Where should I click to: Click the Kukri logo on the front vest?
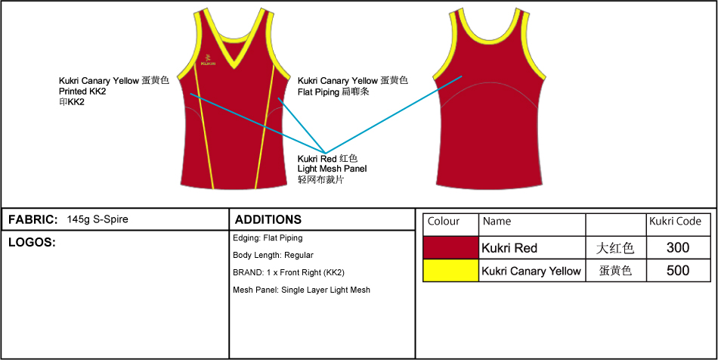point(208,58)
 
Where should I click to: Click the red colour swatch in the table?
point(451,248)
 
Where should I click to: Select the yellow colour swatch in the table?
point(451,271)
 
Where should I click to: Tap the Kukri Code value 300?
point(678,248)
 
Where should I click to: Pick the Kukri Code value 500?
point(678,271)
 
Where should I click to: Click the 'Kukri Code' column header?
point(675,222)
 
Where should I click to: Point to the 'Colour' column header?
point(444,222)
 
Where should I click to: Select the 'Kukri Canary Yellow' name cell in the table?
point(531,271)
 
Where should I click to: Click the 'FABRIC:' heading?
point(33,219)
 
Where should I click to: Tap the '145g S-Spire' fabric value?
point(97,219)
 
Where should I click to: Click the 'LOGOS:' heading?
point(32,243)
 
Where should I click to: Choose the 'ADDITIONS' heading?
point(268,219)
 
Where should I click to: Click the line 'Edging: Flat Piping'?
point(268,238)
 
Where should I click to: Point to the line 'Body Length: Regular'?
point(273,256)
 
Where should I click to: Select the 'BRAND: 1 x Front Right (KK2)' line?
point(289,272)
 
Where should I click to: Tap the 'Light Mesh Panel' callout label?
point(332,169)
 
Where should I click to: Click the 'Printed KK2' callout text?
point(82,92)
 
